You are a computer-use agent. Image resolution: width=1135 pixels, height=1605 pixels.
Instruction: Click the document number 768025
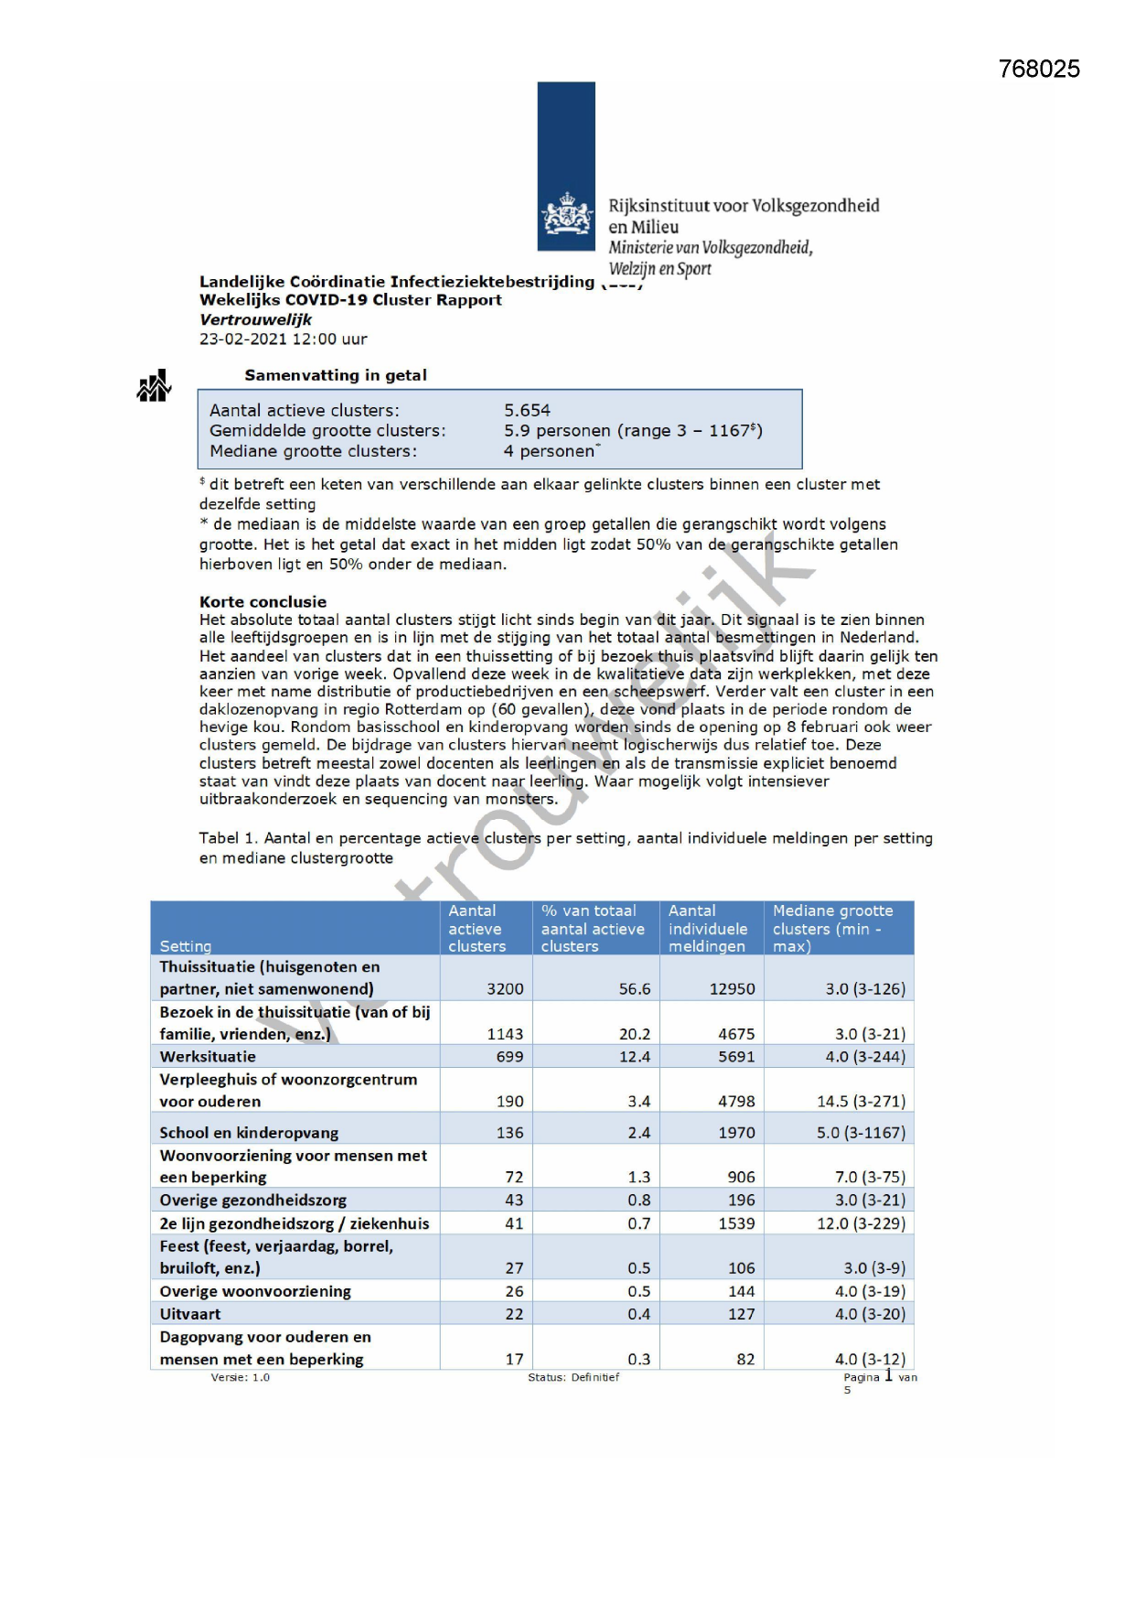pyautogui.click(x=1039, y=70)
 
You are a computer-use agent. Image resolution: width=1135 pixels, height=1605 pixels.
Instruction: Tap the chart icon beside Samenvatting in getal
pyautogui.click(x=154, y=386)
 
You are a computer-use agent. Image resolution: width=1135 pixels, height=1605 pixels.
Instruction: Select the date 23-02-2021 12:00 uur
pyautogui.click(x=283, y=339)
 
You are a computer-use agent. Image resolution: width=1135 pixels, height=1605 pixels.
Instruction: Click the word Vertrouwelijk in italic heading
pyautogui.click(x=255, y=319)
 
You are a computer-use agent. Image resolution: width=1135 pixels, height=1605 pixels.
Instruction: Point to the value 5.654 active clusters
pyautogui.click(x=527, y=410)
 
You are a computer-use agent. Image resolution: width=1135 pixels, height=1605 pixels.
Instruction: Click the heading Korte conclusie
pyautogui.click(x=262, y=601)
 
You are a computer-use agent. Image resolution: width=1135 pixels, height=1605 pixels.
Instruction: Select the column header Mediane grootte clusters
pyautogui.click(x=832, y=928)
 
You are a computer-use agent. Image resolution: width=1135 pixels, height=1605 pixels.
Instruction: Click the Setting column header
pyautogui.click(x=185, y=945)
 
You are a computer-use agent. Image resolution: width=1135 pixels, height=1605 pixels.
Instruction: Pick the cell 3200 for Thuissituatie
pyautogui.click(x=505, y=988)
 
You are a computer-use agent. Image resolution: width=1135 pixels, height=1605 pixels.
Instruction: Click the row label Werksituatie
pyautogui.click(x=208, y=1056)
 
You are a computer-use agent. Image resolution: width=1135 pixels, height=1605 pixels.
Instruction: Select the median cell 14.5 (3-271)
pyautogui.click(x=861, y=1101)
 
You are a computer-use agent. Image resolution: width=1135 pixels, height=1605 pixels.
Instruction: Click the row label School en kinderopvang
pyautogui.click(x=249, y=1132)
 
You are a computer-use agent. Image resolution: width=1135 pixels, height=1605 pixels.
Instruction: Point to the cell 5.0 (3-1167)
pyautogui.click(x=861, y=1132)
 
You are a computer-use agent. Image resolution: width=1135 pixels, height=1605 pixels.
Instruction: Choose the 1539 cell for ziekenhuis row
pyautogui.click(x=735, y=1223)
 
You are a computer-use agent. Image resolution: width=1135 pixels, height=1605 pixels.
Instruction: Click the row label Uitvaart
pyautogui.click(x=189, y=1313)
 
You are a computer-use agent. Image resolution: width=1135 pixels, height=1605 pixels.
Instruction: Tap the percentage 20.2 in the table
pyautogui.click(x=634, y=1033)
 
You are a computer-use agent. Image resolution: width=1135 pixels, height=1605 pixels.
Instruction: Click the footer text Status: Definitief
pyautogui.click(x=573, y=1376)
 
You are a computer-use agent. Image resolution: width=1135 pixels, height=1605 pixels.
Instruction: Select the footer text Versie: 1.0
pyautogui.click(x=240, y=1376)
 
